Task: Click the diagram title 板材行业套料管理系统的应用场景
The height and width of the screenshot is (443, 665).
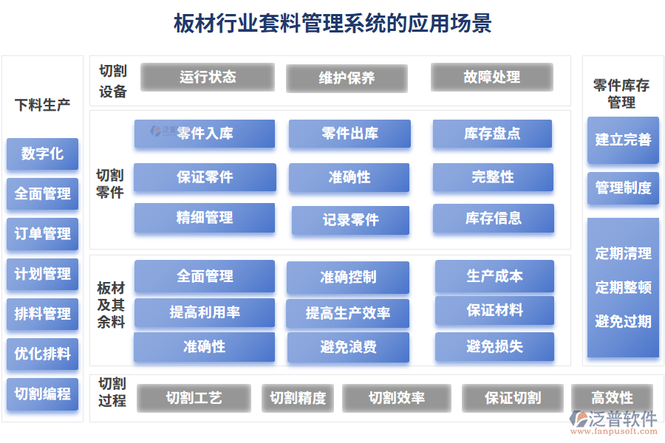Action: (332, 23)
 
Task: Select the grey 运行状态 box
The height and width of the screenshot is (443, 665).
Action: (207, 77)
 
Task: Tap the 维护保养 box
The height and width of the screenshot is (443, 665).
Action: (347, 78)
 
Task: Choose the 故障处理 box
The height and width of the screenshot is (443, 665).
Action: (491, 77)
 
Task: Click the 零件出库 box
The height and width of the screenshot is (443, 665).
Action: (349, 134)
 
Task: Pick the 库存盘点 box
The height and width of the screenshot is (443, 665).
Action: (492, 134)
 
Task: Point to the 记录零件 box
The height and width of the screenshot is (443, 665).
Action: (350, 220)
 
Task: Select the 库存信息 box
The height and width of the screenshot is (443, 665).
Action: (493, 219)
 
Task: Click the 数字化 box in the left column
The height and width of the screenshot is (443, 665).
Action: (42, 154)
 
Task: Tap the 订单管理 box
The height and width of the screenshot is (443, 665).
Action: (42, 234)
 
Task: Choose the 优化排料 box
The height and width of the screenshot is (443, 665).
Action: (42, 354)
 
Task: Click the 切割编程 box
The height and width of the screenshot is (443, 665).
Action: (42, 394)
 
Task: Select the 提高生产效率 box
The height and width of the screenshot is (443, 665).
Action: (348, 313)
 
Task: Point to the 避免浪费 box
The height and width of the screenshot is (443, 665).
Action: (348, 347)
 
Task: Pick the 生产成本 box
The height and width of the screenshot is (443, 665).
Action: (494, 276)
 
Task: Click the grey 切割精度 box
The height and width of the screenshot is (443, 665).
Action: (298, 398)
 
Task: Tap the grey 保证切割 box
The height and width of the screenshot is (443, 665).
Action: (513, 398)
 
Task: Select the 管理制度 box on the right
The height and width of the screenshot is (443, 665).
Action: (623, 188)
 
